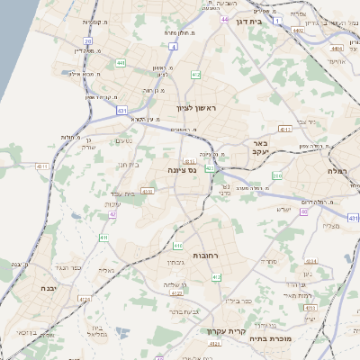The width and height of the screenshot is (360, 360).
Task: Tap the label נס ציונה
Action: (183, 169)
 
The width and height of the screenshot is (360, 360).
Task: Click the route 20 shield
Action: (88, 41)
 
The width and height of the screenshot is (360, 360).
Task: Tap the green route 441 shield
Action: (121, 64)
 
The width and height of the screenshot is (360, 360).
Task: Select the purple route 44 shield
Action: (223, 17)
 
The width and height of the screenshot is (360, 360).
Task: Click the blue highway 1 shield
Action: (279, 19)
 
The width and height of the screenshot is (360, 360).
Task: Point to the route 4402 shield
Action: (297, 30)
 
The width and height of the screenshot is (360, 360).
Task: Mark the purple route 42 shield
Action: (113, 214)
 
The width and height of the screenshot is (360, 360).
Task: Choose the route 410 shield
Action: (178, 246)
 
